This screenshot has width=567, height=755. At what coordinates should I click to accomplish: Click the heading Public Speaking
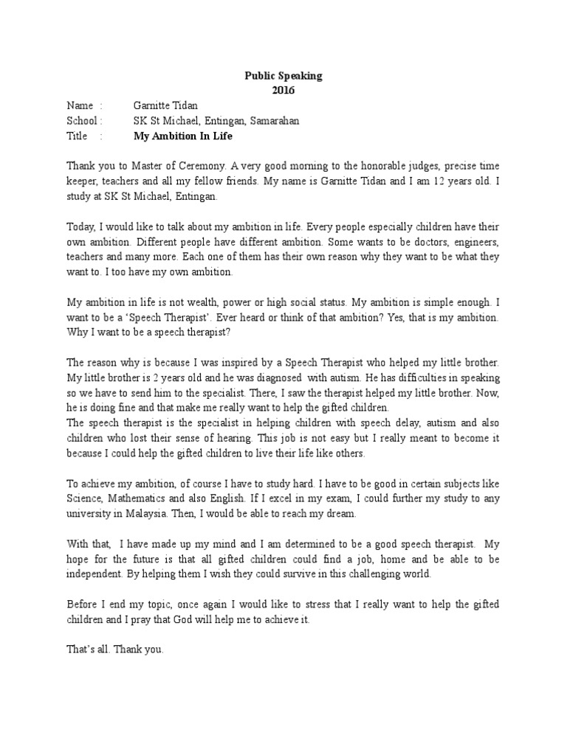[x=283, y=76]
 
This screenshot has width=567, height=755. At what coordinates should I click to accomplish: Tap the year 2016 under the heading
[x=283, y=91]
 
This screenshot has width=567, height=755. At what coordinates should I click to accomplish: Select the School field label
[x=83, y=121]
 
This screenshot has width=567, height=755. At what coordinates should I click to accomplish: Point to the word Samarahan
[x=275, y=121]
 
